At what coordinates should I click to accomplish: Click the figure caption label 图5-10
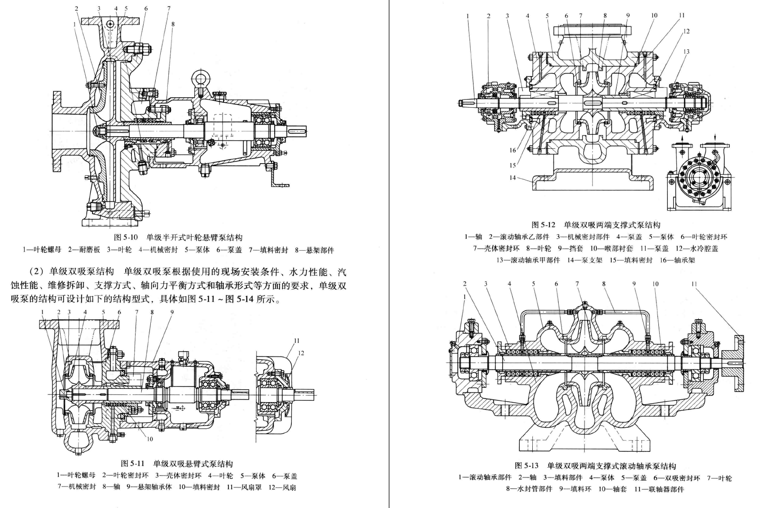coord(126,238)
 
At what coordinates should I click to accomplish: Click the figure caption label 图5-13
coord(526,466)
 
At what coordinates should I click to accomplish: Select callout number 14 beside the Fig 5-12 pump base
coord(513,178)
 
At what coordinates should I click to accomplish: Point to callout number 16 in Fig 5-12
coord(513,150)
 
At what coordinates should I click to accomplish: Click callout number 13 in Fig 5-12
coord(686,52)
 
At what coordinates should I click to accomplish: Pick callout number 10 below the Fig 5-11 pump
coord(150,439)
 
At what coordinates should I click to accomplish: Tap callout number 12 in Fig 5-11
coord(301,353)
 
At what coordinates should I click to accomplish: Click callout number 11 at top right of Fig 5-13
coord(694,284)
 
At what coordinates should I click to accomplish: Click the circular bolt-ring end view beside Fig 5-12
coord(698,178)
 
